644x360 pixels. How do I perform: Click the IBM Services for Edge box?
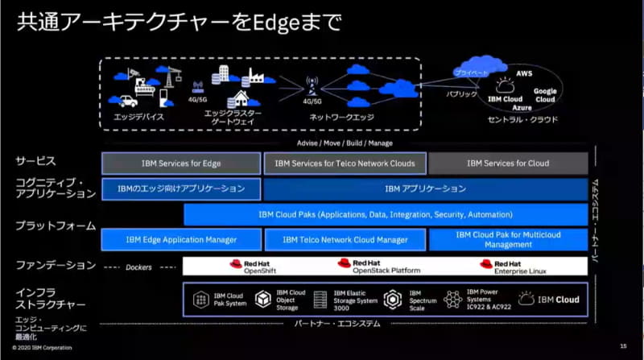pos(181,163)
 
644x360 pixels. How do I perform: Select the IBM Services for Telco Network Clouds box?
pos(345,163)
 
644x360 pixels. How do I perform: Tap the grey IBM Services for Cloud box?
pos(508,163)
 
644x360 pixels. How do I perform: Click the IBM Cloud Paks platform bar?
pos(385,214)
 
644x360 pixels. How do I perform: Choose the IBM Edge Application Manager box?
pos(181,240)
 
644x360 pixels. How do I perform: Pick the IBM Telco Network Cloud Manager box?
pos(345,240)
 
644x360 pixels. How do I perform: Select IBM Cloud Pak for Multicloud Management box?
pos(508,239)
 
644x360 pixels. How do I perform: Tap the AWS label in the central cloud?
pos(525,72)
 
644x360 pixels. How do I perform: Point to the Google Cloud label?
pos(545,96)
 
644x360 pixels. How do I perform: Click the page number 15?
pos(622,347)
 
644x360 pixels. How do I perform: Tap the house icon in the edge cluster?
pos(238,99)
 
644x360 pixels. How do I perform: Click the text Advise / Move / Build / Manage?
pos(345,143)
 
